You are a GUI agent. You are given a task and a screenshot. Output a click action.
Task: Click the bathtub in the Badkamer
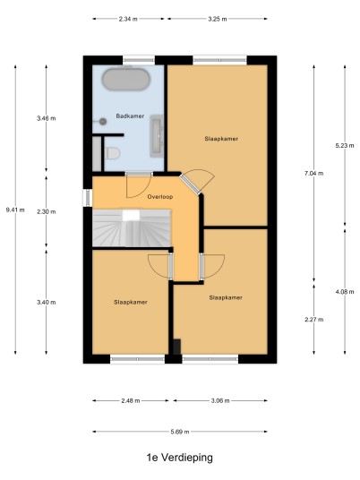(x=126, y=79)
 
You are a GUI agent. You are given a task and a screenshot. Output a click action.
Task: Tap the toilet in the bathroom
(x=112, y=153)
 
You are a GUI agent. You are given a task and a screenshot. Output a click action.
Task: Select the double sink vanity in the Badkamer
(x=157, y=136)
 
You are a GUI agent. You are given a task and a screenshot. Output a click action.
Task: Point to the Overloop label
(x=160, y=196)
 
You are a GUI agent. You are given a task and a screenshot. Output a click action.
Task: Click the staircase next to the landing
(x=132, y=227)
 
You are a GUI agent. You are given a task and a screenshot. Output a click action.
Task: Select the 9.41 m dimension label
(x=15, y=210)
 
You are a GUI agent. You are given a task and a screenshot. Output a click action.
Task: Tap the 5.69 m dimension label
(x=180, y=432)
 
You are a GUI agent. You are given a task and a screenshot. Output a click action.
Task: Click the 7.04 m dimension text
(x=313, y=173)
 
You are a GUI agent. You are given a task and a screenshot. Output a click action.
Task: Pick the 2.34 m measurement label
(x=128, y=19)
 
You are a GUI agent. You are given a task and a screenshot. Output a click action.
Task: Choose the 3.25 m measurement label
(x=218, y=19)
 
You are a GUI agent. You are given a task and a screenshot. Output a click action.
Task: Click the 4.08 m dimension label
(x=345, y=292)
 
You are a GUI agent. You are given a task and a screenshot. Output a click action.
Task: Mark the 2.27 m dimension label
(x=313, y=320)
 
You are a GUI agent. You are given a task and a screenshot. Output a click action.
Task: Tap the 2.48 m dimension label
(x=131, y=400)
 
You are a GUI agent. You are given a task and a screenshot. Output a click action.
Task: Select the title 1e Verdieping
(x=180, y=458)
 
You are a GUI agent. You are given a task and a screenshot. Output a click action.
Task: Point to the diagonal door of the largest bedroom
(x=190, y=184)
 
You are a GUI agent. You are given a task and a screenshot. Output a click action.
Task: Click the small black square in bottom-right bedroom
(x=177, y=347)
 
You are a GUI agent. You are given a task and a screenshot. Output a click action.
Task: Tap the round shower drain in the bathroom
(x=103, y=122)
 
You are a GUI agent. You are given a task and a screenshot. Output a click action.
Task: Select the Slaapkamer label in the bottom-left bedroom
(x=131, y=302)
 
